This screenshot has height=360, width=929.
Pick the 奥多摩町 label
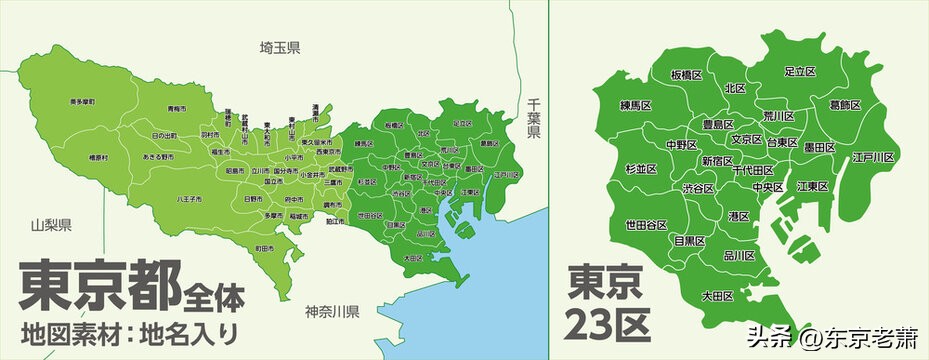[83, 102]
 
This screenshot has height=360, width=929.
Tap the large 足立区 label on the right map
[800, 72]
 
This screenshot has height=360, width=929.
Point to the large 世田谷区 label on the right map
[647, 224]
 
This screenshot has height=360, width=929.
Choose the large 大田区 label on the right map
[718, 296]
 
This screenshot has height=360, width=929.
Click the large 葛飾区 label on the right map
[846, 104]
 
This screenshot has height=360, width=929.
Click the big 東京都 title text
[99, 285]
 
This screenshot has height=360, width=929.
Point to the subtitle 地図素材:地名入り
[129, 331]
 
